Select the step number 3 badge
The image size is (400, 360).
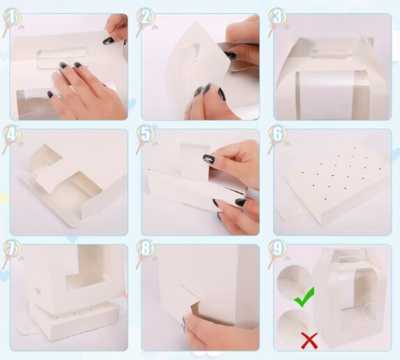click(277, 17)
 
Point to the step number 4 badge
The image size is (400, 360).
click(12, 134)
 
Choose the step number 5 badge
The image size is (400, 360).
click(145, 134)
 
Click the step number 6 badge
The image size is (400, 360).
click(277, 134)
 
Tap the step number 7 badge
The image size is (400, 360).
click(12, 249)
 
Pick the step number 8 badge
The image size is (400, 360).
click(145, 249)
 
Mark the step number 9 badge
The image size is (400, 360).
click(277, 249)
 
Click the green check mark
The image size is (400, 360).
click(305, 297)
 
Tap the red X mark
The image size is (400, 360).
click(309, 341)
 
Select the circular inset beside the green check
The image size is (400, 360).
click(293, 282)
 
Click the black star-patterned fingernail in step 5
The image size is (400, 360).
click(209, 159)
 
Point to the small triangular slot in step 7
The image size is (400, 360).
click(38, 291)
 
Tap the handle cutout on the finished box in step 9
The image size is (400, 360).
click(343, 259)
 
